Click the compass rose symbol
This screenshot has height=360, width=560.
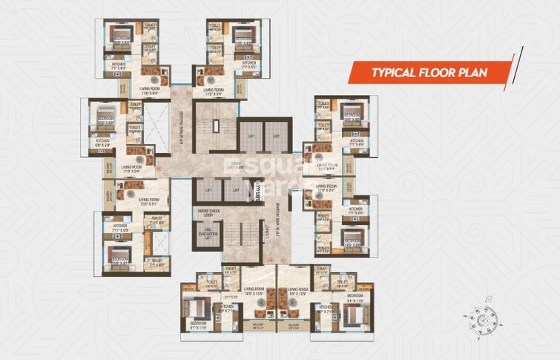coord(481,319)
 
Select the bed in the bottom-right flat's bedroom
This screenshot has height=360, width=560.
coord(355,312)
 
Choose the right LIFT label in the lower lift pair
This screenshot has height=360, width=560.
coord(236,190)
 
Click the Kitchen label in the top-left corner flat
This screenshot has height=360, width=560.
coord(119,65)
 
